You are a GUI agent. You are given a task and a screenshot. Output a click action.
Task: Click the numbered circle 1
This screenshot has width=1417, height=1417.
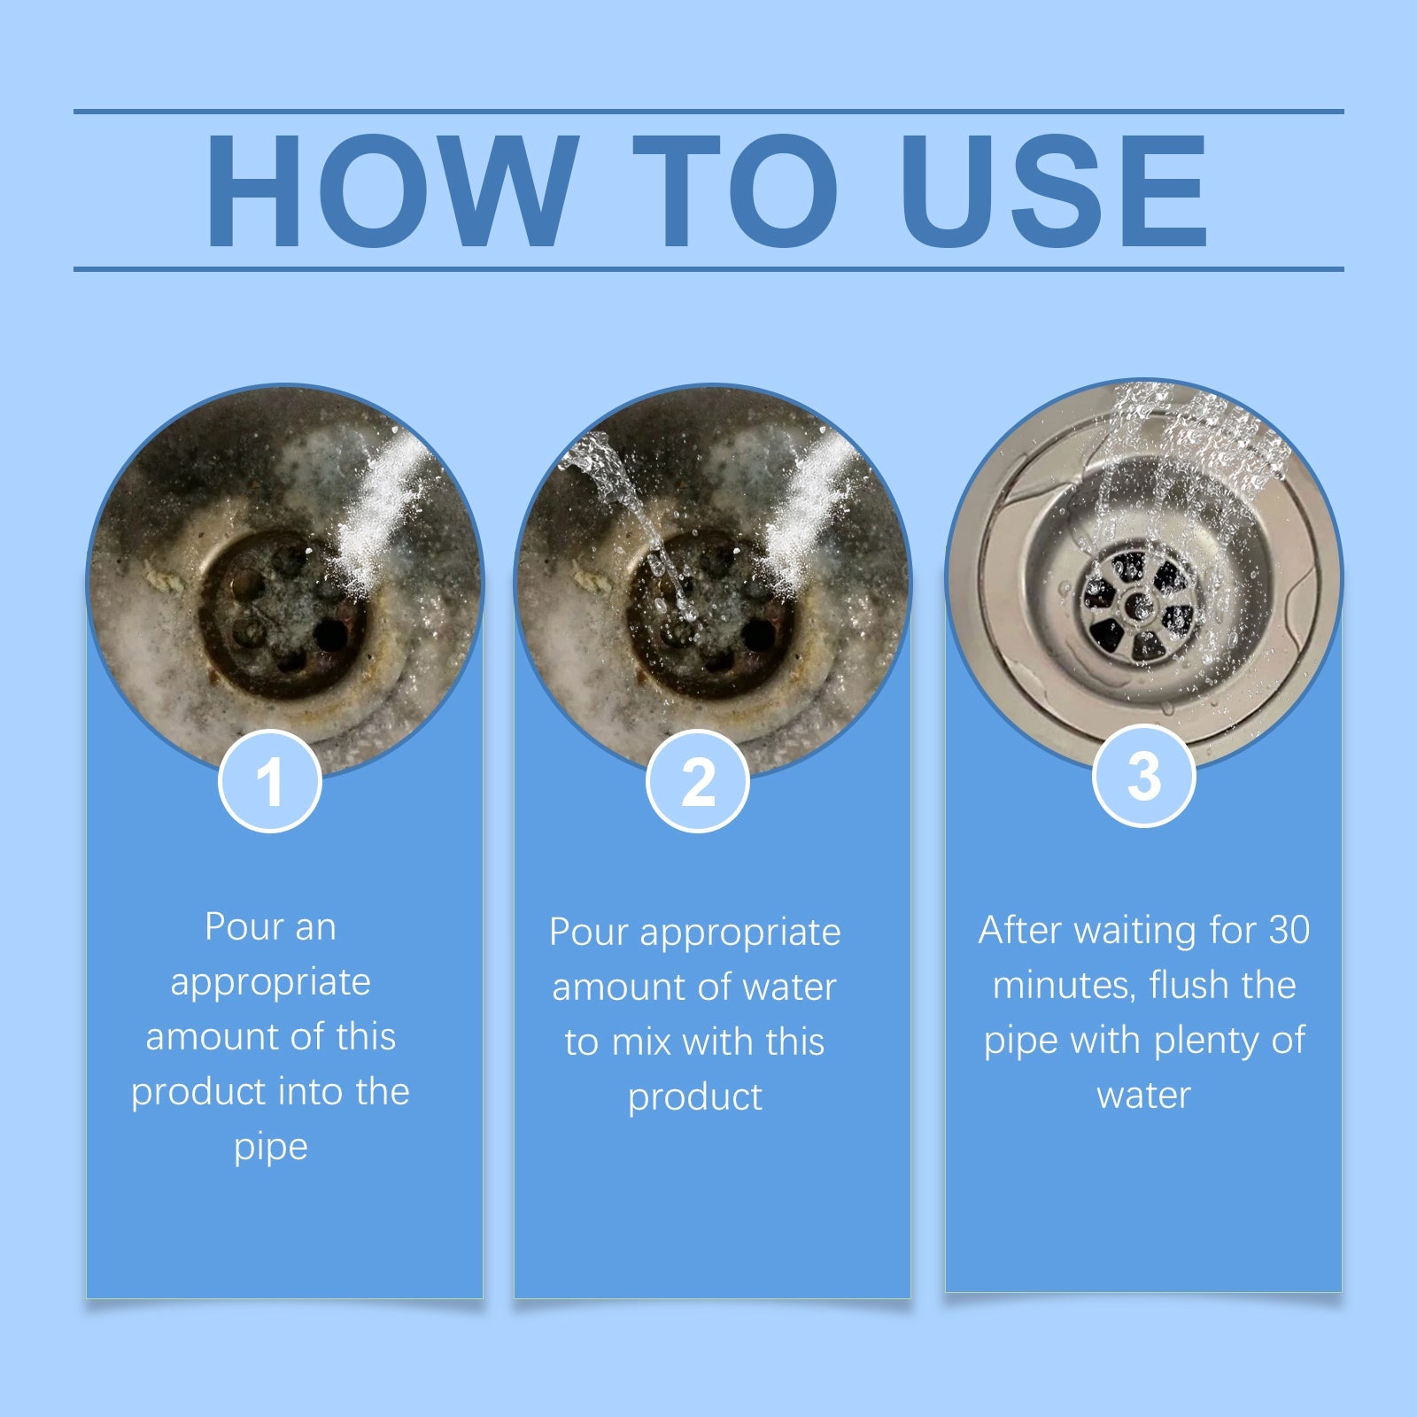click(x=270, y=781)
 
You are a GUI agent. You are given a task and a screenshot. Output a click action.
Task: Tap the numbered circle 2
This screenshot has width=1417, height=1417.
click(x=698, y=781)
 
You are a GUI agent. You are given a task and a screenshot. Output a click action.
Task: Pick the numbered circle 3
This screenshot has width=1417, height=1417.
click(x=1143, y=776)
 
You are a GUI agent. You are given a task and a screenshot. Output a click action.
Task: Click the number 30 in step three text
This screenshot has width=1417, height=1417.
click(x=1289, y=930)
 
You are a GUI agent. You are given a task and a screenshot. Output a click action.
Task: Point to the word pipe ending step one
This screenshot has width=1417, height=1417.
click(x=270, y=1148)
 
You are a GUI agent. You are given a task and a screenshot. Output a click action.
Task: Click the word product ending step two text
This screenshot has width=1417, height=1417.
click(x=695, y=1097)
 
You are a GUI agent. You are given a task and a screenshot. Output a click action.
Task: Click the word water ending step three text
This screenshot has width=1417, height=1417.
click(x=1143, y=1096)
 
